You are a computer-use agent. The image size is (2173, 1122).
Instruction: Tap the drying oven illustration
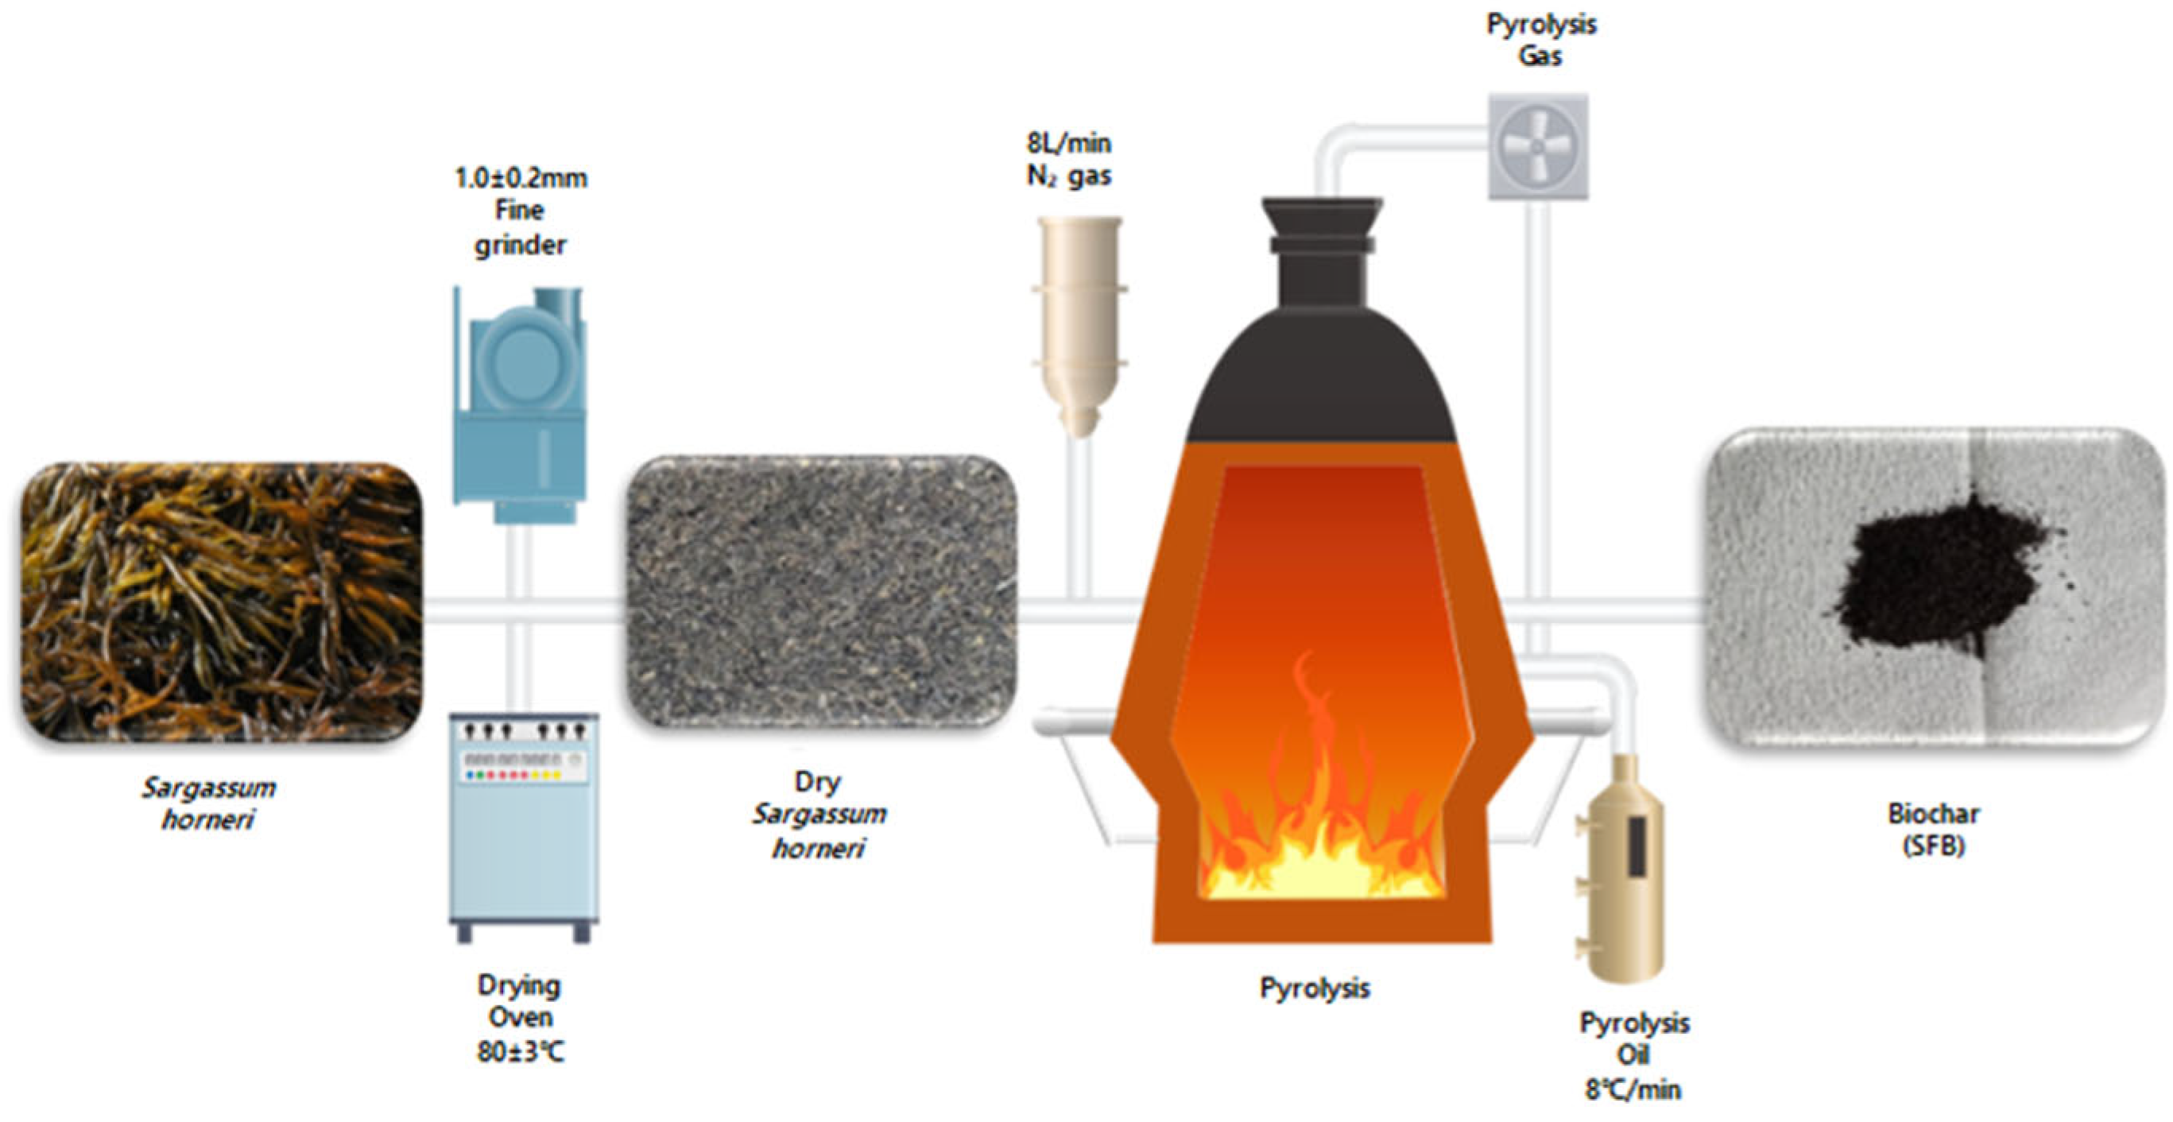524,826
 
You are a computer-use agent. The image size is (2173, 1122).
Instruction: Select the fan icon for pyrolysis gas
1538,147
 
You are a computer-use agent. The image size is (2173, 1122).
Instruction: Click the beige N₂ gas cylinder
1079,320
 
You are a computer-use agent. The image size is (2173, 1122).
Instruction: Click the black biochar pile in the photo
1940,574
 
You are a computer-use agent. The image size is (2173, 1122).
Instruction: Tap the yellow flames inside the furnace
1320,852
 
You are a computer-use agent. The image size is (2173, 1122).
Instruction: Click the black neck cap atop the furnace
1322,253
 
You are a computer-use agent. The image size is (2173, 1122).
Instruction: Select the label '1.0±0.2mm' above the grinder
521,178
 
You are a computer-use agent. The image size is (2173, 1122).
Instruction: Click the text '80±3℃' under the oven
521,1052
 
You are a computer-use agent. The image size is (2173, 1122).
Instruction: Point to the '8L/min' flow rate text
1069,142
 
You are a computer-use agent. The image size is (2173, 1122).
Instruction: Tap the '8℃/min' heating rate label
1633,1089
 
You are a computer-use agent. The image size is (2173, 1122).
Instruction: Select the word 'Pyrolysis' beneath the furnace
1315,987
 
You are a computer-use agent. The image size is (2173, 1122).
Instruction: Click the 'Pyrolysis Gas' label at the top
1540,40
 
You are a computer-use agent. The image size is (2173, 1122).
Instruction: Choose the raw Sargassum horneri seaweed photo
221,601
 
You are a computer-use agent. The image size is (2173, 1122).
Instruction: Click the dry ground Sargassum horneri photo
822,590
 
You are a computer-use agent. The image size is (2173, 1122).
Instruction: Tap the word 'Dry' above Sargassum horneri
817,781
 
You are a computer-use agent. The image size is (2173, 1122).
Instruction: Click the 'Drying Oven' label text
519,1001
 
